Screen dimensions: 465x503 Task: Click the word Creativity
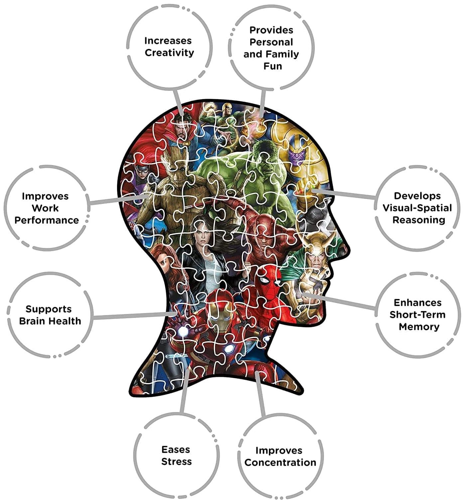169,53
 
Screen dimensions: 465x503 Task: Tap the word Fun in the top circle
273,66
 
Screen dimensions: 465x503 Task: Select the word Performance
47,220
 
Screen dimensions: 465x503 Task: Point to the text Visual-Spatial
417,208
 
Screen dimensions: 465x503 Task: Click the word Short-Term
417,315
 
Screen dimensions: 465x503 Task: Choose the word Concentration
280,462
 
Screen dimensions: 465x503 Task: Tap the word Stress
176,462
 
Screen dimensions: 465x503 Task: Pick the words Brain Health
50,321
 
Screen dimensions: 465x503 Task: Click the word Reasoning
418,220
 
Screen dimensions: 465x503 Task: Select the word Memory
419,327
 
